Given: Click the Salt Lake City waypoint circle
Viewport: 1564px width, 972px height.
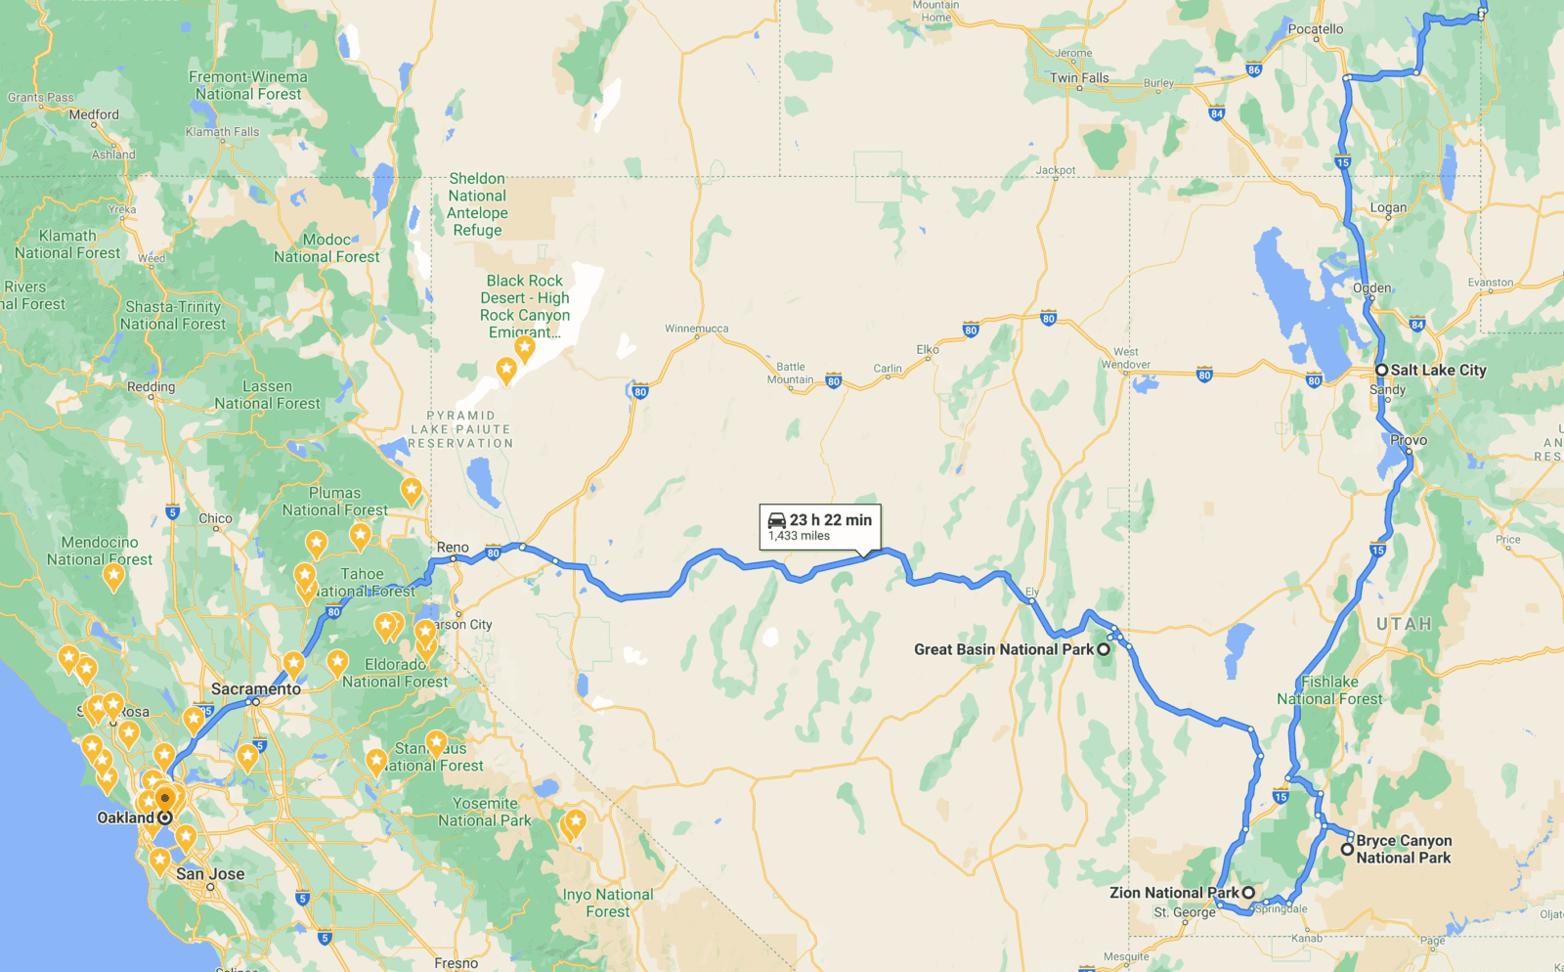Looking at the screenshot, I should (1381, 370).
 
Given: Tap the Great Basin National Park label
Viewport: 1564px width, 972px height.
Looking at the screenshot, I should (1004, 649).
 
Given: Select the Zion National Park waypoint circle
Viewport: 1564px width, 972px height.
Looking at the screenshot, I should (1248, 893).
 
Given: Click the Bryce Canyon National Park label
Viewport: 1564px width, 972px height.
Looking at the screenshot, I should (1403, 849).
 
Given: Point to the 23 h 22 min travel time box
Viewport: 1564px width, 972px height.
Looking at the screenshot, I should (820, 526).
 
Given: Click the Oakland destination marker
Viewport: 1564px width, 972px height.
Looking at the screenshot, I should (165, 817).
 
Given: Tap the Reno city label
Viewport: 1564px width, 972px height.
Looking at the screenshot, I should (453, 547).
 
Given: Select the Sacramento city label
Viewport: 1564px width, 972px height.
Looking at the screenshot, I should (256, 688).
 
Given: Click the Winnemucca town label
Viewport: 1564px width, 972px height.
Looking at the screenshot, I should (696, 329).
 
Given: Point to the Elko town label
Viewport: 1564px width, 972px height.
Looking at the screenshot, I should (928, 349).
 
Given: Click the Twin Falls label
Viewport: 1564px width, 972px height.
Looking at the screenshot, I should (1079, 77).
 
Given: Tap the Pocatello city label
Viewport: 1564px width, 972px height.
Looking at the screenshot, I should (1315, 29).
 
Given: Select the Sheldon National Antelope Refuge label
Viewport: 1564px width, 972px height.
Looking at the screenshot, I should (477, 204).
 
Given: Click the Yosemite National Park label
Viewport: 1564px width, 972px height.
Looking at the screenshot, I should (485, 812).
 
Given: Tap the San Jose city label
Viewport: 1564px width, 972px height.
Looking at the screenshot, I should (210, 873).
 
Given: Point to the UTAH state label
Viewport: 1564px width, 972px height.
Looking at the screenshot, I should (1404, 624).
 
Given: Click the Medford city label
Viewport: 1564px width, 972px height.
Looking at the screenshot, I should (94, 114).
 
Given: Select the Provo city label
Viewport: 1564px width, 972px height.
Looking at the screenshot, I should (1409, 440).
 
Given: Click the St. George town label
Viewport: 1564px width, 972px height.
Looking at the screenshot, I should (1184, 912).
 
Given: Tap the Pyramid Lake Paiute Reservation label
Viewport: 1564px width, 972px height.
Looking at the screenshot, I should (460, 429).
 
